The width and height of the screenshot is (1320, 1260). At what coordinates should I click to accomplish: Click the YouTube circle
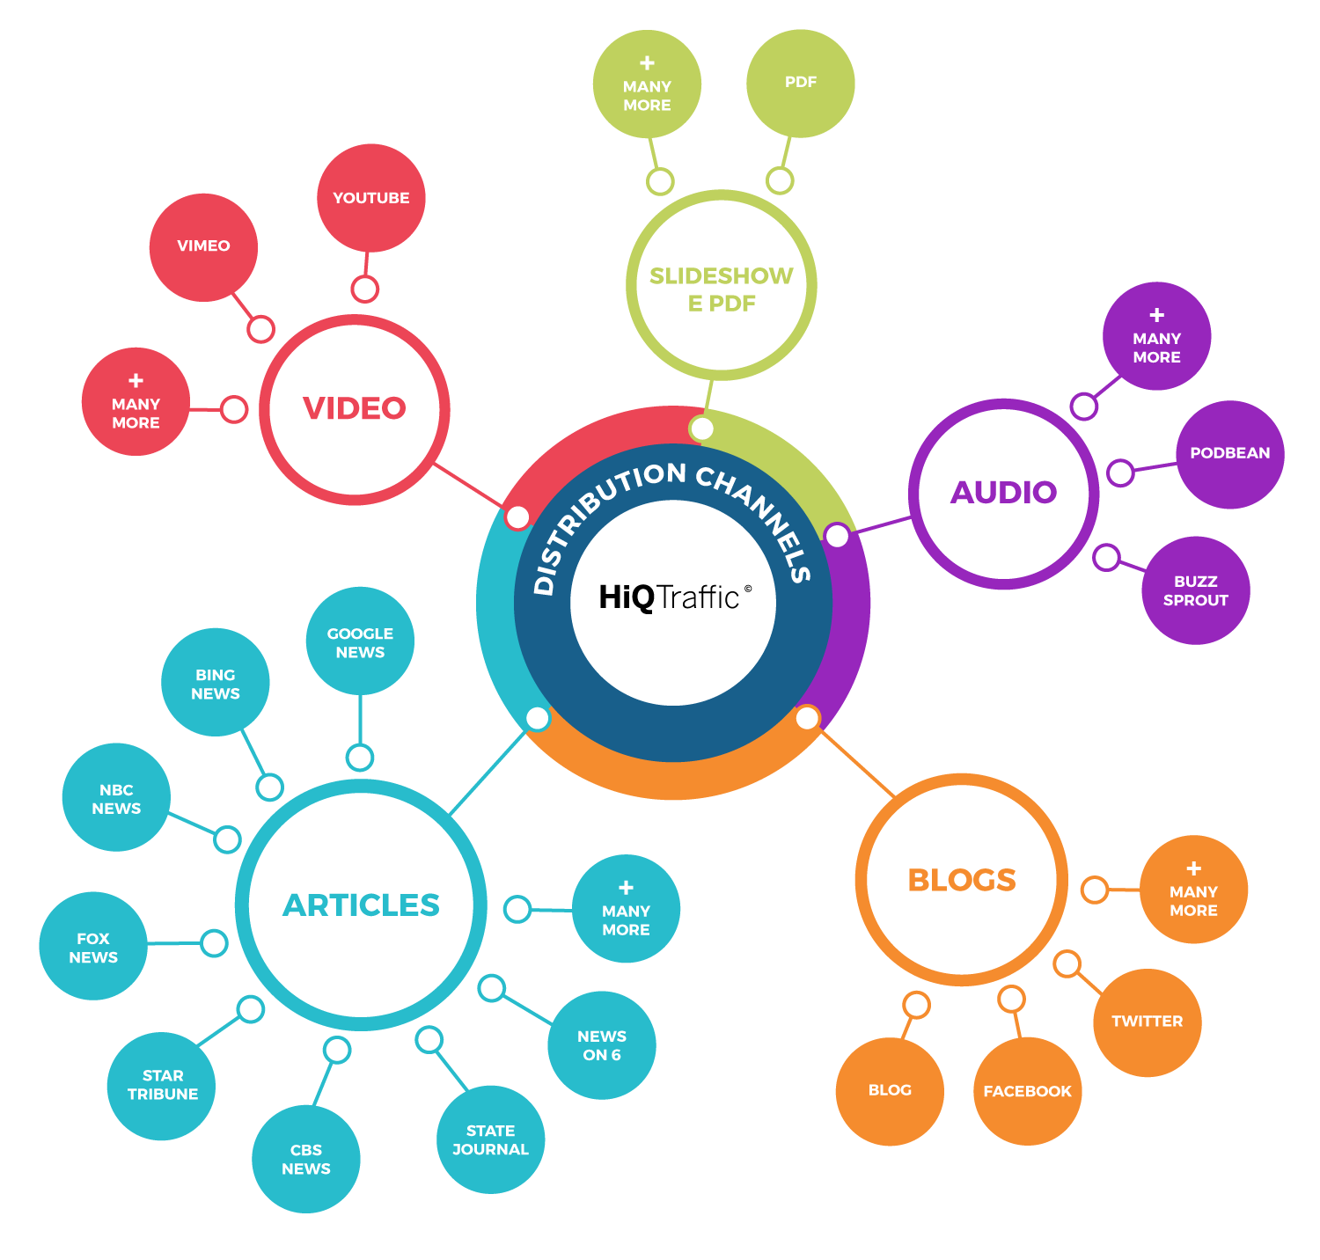370,198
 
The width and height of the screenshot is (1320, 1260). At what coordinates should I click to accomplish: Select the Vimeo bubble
203,246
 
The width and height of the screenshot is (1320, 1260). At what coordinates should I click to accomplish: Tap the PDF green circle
800,83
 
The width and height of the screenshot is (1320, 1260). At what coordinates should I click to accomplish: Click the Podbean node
1229,454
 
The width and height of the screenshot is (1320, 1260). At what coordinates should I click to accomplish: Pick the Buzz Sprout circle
1195,590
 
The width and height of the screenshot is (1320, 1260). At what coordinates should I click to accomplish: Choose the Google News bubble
360,641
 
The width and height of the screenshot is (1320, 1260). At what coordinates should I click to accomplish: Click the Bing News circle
216,683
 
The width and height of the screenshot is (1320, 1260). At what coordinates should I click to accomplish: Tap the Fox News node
93,947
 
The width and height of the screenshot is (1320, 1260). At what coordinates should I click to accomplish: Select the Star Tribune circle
162,1085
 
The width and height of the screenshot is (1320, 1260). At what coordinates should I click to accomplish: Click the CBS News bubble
305,1159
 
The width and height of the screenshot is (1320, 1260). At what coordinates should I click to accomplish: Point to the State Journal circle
490,1139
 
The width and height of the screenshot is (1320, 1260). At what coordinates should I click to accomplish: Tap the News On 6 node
602,1045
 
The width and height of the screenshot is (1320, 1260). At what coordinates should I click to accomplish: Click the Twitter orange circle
1147,1022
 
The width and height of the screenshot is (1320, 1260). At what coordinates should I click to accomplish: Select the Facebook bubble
1027,1091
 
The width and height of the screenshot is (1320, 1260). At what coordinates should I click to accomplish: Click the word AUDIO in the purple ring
1003,493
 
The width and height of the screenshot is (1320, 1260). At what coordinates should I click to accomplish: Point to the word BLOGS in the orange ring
962,880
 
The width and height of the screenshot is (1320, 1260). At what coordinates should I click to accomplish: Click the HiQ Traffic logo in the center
673,598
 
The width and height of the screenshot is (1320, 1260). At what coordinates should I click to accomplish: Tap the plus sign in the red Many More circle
136,381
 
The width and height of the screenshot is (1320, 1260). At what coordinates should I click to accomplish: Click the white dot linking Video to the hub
517,516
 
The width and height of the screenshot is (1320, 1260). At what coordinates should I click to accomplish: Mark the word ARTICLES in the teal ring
361,905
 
